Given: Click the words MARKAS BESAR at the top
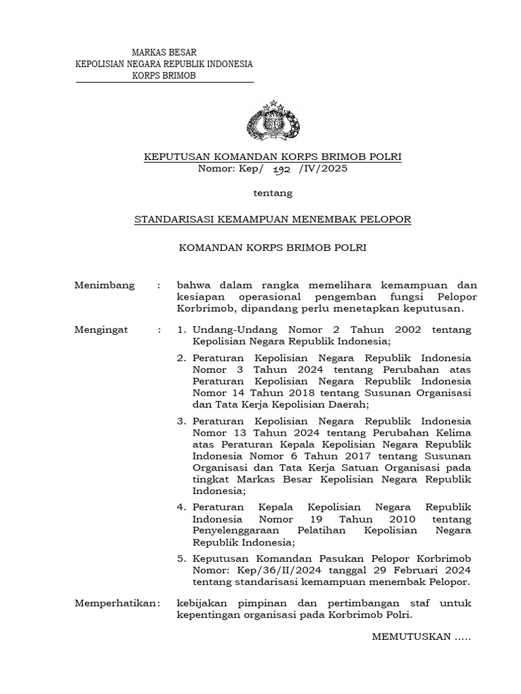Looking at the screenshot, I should [163, 52].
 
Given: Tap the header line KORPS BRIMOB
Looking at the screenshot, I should [163, 76].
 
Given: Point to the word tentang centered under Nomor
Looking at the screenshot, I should [273, 193].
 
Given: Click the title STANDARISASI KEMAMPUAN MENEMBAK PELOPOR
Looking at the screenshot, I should [273, 220].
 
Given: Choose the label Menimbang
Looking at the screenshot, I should [104, 285].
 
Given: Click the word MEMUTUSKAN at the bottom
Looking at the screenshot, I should [405, 637].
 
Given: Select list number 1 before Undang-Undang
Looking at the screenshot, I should [180, 329].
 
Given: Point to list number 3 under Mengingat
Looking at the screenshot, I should [181, 420].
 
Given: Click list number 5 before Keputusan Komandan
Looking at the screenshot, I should [181, 558].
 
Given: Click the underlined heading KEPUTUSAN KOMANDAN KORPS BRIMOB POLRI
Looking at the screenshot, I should [273, 157].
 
